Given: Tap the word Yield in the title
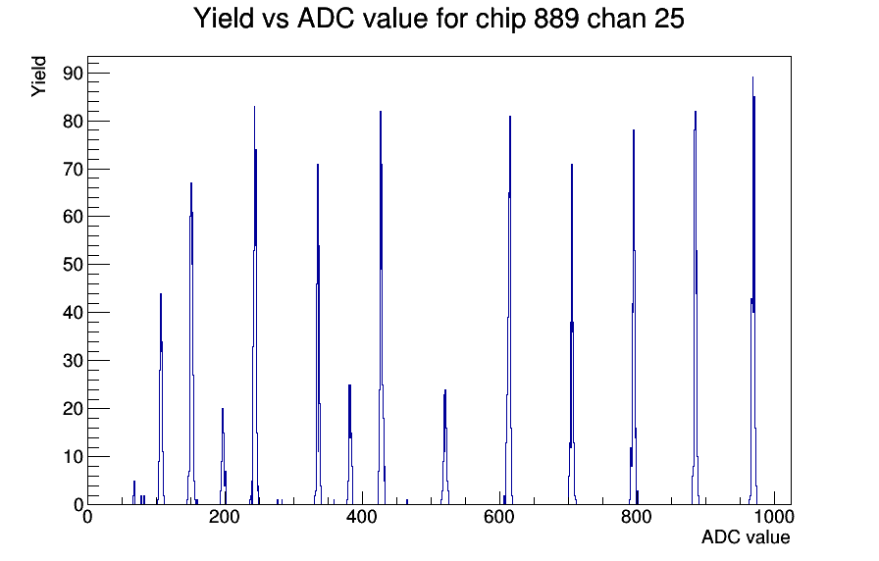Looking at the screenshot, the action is tap(224, 19).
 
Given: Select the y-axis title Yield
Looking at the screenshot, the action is tap(38, 76).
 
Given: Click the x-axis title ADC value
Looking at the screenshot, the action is tap(746, 536).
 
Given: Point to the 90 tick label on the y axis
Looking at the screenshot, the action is tap(73, 74).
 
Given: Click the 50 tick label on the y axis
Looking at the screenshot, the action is tap(73, 265).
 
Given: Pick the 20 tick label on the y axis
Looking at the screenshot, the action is tap(73, 409).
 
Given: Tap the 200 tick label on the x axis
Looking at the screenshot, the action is tap(225, 516).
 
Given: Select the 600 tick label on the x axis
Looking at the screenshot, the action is tap(499, 516).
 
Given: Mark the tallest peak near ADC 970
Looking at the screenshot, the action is tap(752, 77).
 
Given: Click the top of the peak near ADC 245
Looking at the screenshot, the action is tap(254, 107).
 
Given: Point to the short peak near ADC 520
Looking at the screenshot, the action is tap(445, 390).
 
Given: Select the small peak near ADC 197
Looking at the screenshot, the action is tap(223, 409).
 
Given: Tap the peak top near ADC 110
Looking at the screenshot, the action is tap(161, 293).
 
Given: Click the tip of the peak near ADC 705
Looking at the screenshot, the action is tap(572, 165).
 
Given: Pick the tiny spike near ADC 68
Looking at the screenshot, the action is tap(134, 481).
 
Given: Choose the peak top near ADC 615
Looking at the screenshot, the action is tap(510, 117).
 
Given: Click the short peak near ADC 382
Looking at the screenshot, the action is tap(350, 385).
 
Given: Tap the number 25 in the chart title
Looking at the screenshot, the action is tap(669, 19).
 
